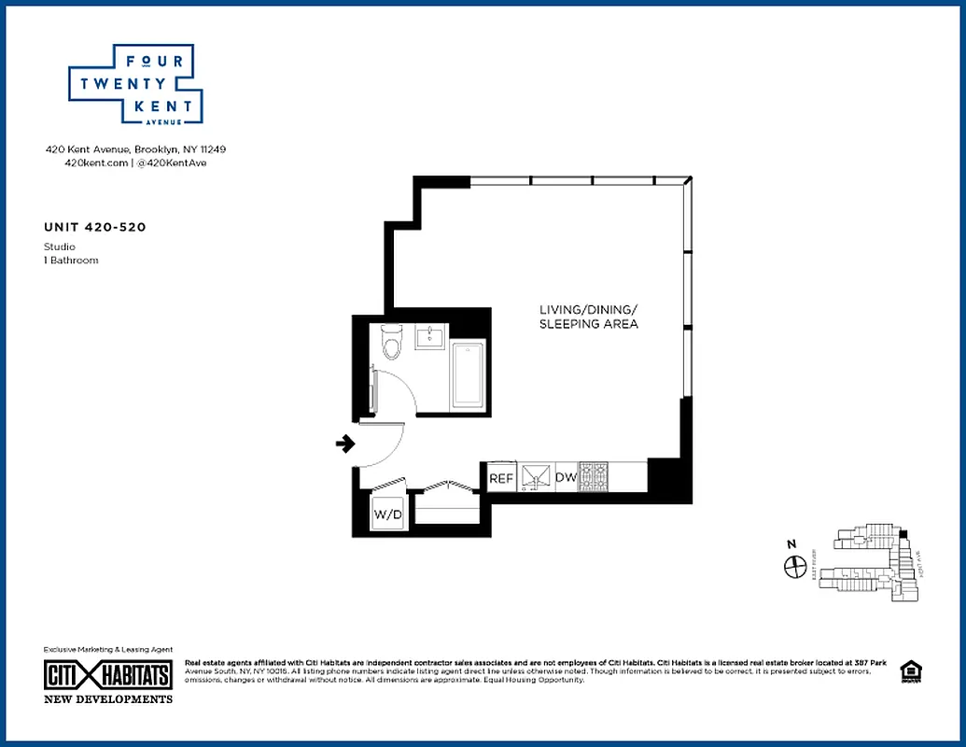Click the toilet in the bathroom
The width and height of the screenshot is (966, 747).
[391, 344]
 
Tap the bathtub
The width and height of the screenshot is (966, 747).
[467, 376]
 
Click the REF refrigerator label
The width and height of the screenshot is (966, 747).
[502, 478]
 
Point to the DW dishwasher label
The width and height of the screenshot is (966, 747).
[566, 478]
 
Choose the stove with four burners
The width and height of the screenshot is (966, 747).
[594, 477]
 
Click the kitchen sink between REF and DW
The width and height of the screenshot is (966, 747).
[536, 477]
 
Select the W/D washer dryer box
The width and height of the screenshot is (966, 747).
[387, 514]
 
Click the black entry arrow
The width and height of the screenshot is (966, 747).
[345, 444]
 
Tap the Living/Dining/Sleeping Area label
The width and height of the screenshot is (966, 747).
[588, 317]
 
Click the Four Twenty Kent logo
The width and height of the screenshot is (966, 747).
[136, 84]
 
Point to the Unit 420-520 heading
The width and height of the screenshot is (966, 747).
[94, 227]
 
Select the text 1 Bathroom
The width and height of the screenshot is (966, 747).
[71, 261]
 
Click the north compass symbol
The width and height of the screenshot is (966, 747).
[795, 566]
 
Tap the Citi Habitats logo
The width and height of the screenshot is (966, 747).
[108, 675]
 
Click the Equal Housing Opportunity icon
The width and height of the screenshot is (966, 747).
[908, 672]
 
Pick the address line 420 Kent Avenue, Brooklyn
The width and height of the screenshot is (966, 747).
[136, 148]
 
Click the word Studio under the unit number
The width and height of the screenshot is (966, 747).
[60, 247]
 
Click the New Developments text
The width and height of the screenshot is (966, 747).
[108, 699]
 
